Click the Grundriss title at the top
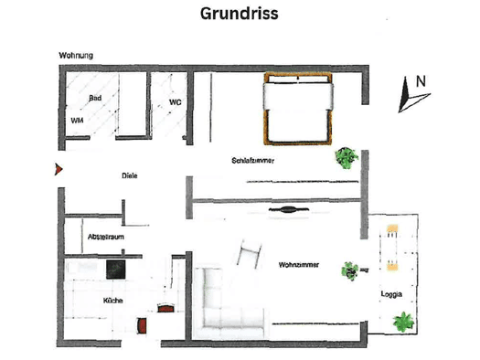(239, 14)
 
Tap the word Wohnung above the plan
(76, 56)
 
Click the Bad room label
(95, 98)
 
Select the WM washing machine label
(77, 121)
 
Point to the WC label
(176, 102)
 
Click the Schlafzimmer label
(253, 161)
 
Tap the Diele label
(130, 175)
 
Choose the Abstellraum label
(106, 237)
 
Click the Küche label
(113, 301)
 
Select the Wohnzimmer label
(299, 265)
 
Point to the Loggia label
(391, 294)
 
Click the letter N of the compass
(421, 81)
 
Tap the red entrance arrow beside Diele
(59, 169)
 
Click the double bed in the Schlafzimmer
(298, 109)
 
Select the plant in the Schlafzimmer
(347, 158)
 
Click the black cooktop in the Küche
(116, 270)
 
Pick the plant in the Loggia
(403, 322)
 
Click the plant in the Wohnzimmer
(350, 271)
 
